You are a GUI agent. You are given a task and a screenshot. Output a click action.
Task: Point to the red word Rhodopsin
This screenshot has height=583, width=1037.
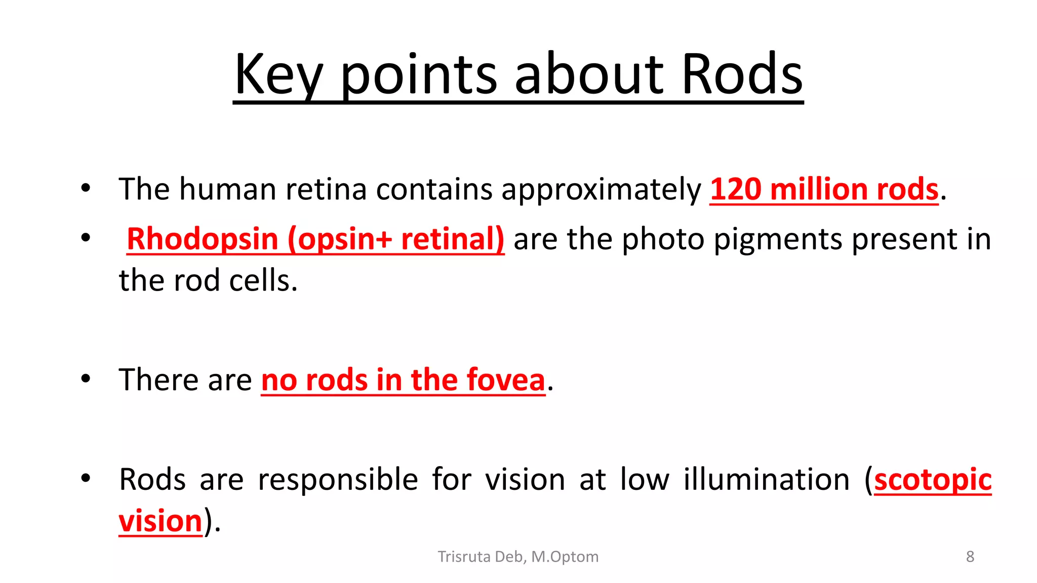click(x=202, y=239)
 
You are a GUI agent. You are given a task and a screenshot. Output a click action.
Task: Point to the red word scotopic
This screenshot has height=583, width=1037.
click(x=933, y=479)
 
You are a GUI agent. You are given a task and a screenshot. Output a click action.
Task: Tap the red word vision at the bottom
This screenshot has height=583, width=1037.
click(x=161, y=521)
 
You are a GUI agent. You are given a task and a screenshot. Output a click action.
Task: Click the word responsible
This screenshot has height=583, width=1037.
click(x=338, y=479)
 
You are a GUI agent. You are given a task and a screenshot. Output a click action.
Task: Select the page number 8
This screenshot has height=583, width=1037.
click(x=970, y=557)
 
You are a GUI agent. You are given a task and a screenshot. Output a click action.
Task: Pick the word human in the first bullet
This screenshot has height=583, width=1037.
click(x=227, y=189)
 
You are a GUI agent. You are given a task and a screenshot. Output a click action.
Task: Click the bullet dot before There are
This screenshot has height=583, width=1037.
click(x=86, y=379)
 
